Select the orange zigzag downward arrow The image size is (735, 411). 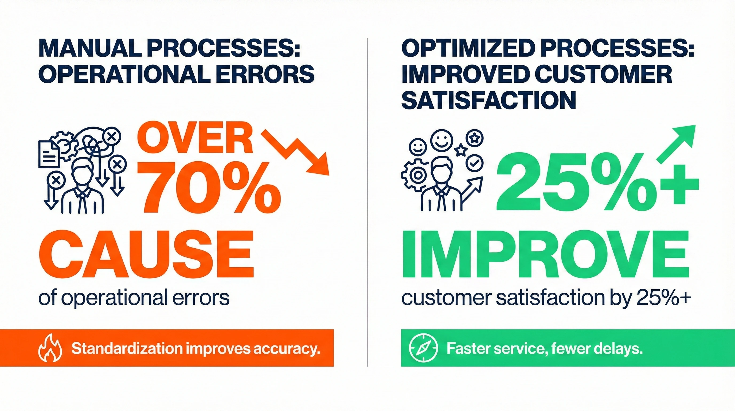pos(295,152)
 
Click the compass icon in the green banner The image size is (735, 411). pos(423,348)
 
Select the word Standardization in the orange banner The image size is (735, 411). pos(127,348)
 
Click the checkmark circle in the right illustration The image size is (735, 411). pos(474,163)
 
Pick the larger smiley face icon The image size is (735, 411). pos(441,141)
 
